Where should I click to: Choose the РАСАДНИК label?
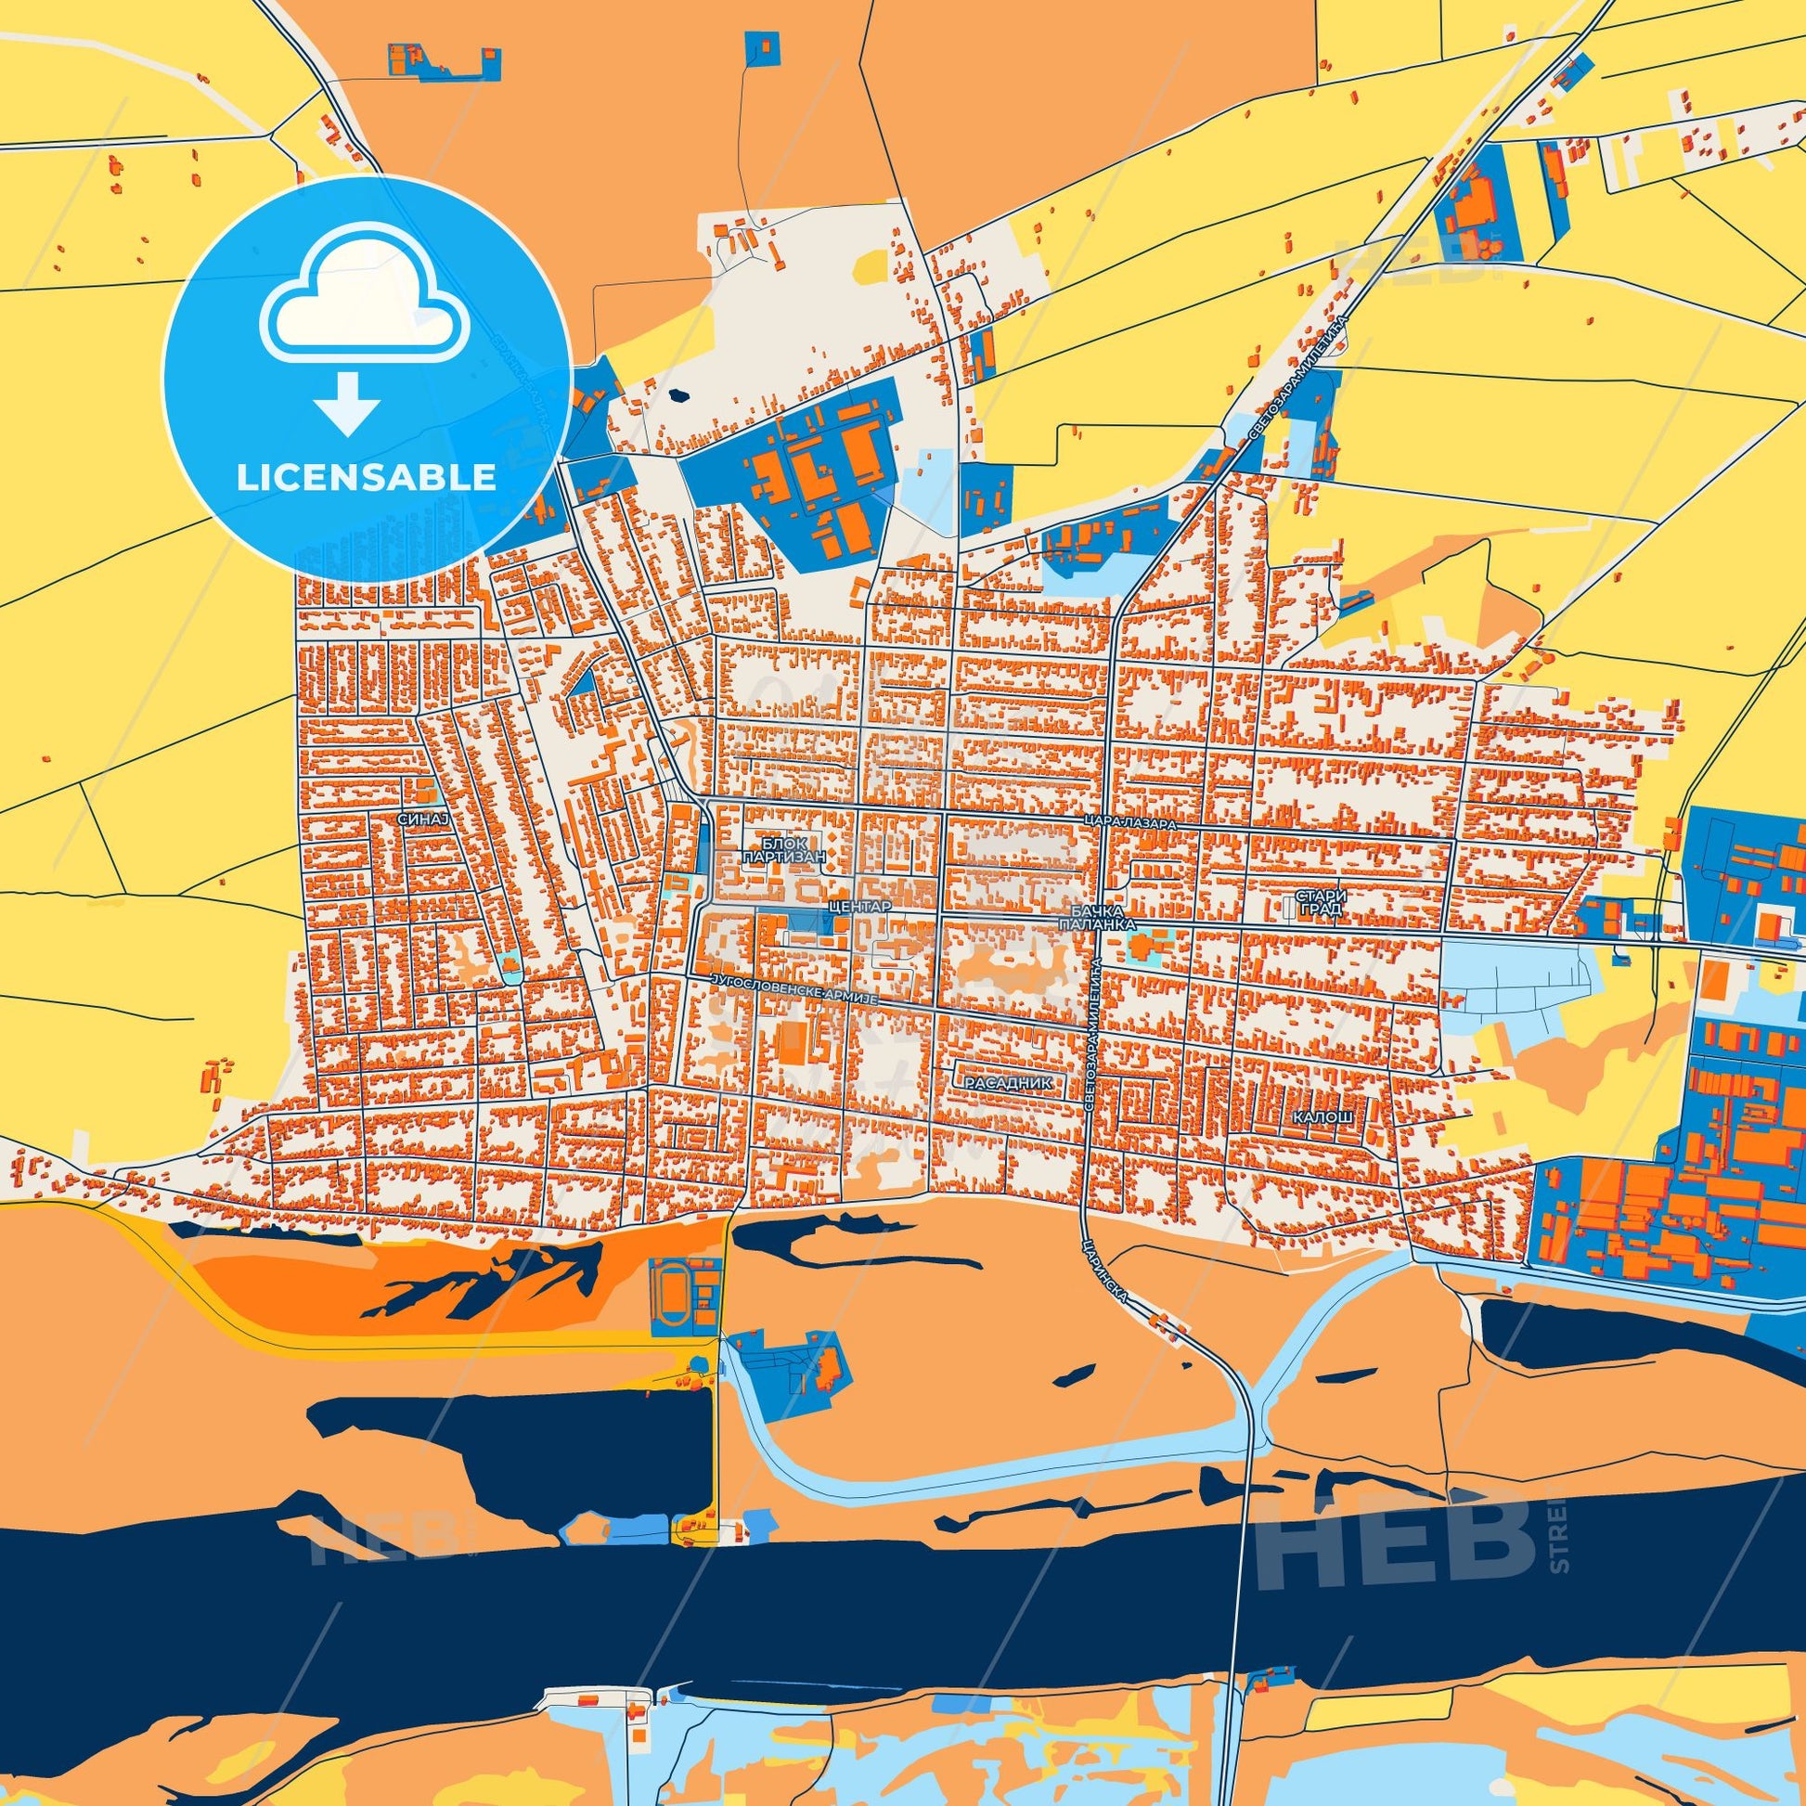pos(1013,1081)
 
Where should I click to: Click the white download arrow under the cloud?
pos(347,402)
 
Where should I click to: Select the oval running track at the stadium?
pos(669,1293)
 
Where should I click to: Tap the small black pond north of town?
pos(679,394)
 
